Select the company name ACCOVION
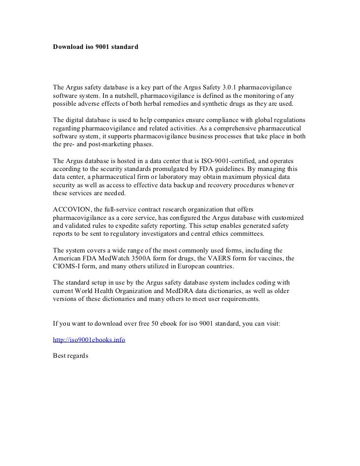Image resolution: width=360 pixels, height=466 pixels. coord(70,210)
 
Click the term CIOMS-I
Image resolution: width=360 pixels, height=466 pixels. coord(68,266)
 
